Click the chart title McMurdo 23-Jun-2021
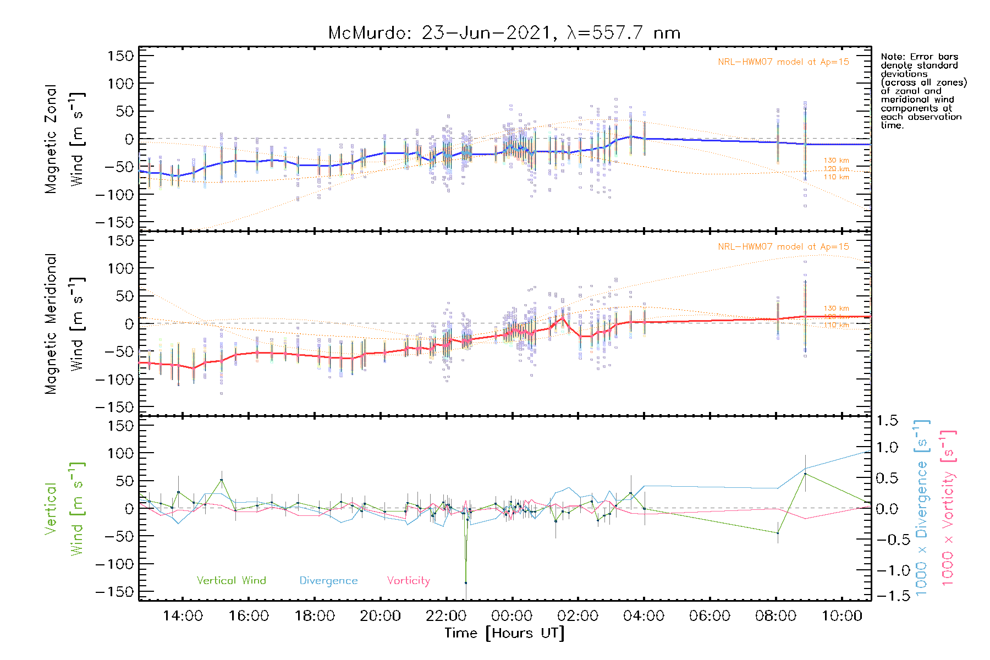(504, 33)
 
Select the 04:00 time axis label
(643, 616)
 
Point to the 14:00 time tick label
(183, 616)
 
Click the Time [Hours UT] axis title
(504, 633)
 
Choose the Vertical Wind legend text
(231, 581)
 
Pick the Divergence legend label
(328, 581)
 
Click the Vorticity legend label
(408, 581)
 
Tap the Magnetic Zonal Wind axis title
(65, 139)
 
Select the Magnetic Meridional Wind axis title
(65, 324)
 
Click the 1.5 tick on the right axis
(887, 421)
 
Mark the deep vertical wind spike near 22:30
(466, 582)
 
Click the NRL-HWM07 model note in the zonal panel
(783, 62)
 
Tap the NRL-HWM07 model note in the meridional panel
(783, 247)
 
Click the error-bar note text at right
(923, 91)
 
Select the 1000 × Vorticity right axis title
(948, 508)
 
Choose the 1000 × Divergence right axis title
(922, 508)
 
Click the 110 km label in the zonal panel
(836, 177)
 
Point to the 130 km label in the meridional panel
(836, 309)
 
